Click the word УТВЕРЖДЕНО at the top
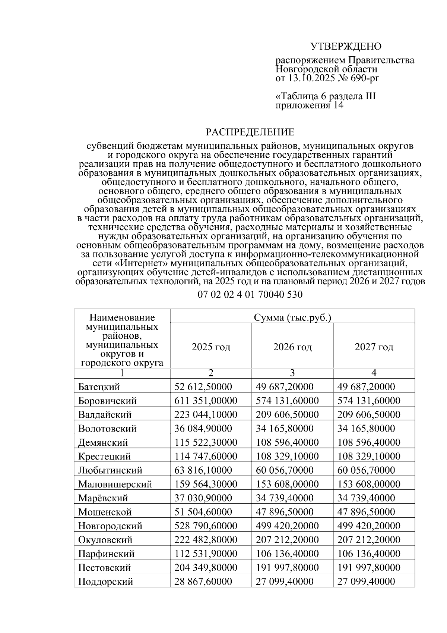tap(346, 47)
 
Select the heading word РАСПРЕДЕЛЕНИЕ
tap(250, 132)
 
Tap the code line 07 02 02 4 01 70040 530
tap(250, 295)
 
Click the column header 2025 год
tap(211, 347)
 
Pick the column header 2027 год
tap(374, 347)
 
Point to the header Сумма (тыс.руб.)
tap(292, 317)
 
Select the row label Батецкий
tap(99, 387)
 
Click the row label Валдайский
tap(105, 414)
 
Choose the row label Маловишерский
tap(115, 484)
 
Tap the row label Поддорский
tap(105, 582)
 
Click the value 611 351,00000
tap(206, 401)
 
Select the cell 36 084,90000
tap(203, 428)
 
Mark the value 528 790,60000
tap(206, 526)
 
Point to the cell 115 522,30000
tap(206, 442)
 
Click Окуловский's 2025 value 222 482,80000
tap(206, 540)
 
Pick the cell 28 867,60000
tap(203, 582)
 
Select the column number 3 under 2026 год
tap(292, 373)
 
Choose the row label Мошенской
tap(105, 512)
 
